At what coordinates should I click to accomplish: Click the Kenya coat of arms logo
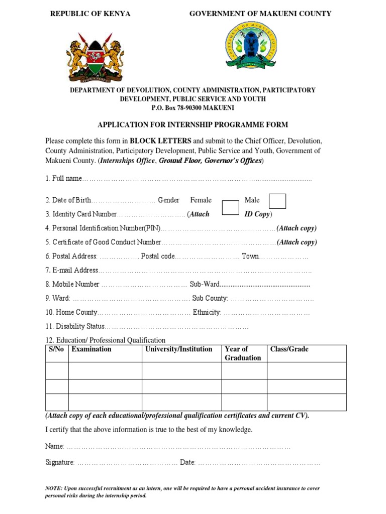coord(94,57)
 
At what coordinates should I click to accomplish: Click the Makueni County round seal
coord(251,46)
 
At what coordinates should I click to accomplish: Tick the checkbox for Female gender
coord(230,207)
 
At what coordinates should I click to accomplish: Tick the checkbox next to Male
coord(277,201)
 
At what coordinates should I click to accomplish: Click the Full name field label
coord(63,178)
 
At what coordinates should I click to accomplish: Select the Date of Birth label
coord(68,200)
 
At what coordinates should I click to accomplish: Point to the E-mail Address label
coord(72,270)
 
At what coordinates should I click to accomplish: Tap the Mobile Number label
coord(72,284)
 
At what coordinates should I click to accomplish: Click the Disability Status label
coord(75,326)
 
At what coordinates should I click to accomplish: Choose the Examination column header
coord(91,349)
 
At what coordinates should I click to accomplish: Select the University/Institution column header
coord(178,349)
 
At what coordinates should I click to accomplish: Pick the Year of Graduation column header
coord(243,353)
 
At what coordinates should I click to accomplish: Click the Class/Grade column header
coord(289,349)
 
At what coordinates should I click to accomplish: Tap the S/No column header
coord(56,349)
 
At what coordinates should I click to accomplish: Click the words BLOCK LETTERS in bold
coord(161,141)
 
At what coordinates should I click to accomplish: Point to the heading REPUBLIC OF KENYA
coord(90,14)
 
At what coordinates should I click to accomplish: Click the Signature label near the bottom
coord(60,462)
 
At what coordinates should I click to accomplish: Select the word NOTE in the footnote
coord(53,488)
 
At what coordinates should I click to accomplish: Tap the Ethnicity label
coord(207,312)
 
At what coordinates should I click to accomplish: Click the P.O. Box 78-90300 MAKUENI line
coord(192,108)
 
